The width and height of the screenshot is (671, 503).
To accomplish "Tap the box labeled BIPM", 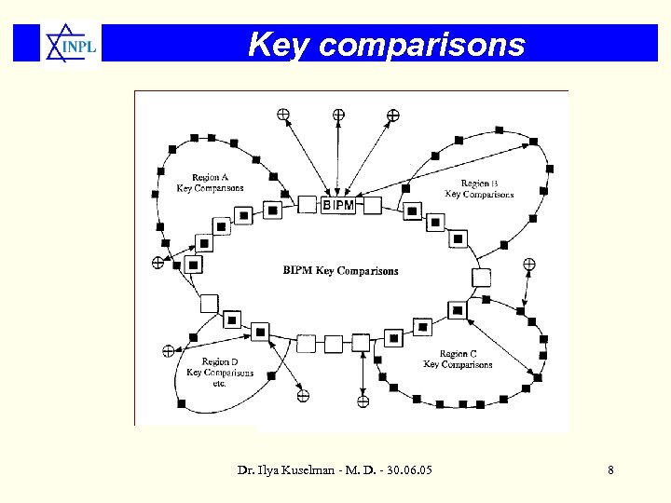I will click(338, 205).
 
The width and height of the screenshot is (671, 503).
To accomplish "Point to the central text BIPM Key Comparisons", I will click(340, 271).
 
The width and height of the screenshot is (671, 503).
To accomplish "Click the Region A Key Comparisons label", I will click(210, 183).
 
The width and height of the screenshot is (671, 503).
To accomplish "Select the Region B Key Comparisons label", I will click(479, 189).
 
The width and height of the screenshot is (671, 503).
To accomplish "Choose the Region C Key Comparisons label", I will click(458, 360).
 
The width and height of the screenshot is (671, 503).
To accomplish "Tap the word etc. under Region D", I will click(220, 383).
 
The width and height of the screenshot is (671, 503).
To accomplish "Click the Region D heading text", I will click(220, 361).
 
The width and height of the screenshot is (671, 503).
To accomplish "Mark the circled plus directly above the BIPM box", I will click(338, 115).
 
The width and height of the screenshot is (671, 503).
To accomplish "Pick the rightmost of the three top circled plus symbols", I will click(393, 116).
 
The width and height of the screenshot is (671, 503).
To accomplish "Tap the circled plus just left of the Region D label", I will click(168, 351).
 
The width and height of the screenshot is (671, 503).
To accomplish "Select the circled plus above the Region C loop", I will click(528, 264).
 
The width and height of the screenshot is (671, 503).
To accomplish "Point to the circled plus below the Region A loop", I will click(158, 263).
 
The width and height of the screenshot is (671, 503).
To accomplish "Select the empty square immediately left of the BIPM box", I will click(308, 205).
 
